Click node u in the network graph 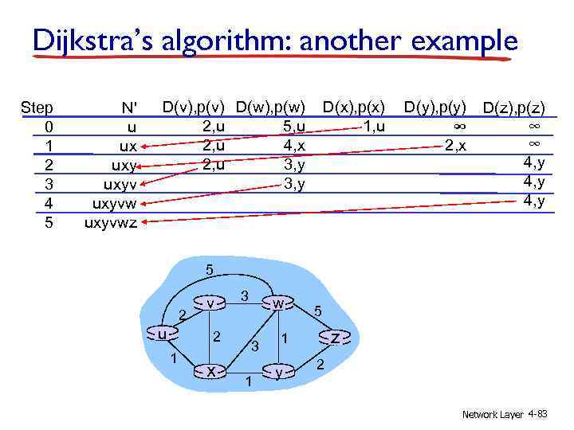pyautogui.click(x=163, y=334)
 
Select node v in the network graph pyautogui.click(x=209, y=303)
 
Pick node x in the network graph pyautogui.click(x=210, y=371)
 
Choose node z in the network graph pyautogui.click(x=336, y=338)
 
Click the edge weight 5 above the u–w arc pyautogui.click(x=209, y=270)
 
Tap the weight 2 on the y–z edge pyautogui.click(x=320, y=365)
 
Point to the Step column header pyautogui.click(x=37, y=107)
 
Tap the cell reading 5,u pyautogui.click(x=293, y=126)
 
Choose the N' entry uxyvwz pyautogui.click(x=111, y=222)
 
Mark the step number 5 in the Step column pyautogui.click(x=49, y=222)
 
